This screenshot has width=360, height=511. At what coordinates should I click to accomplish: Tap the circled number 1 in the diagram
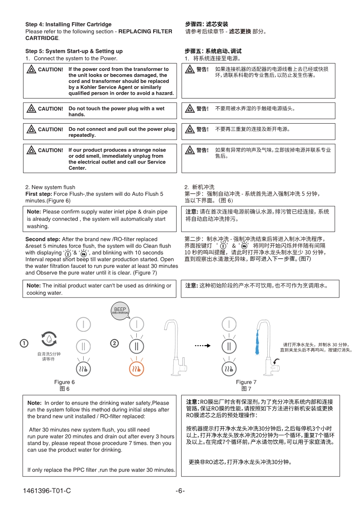[x=24, y=343]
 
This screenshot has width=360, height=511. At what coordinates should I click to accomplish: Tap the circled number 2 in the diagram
[x=115, y=343]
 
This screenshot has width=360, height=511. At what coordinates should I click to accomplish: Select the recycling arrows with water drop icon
[x=49, y=339]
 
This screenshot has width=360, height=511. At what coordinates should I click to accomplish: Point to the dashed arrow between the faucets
[x=203, y=345]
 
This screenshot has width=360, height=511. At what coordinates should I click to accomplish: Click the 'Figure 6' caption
[x=65, y=382]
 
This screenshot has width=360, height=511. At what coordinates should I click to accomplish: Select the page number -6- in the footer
[x=180, y=490]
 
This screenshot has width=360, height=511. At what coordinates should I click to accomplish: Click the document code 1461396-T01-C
[x=47, y=490]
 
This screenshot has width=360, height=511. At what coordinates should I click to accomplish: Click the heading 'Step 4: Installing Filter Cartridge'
[x=68, y=25]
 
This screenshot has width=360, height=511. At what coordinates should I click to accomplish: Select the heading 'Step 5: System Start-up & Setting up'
[x=74, y=51]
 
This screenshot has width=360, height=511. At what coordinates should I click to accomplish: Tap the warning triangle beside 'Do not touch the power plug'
[x=31, y=109]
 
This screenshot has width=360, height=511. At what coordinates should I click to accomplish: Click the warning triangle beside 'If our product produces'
[x=31, y=150]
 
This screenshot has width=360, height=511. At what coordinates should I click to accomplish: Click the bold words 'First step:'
[x=39, y=194]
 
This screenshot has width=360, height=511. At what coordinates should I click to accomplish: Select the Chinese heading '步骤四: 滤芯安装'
[x=206, y=25]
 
